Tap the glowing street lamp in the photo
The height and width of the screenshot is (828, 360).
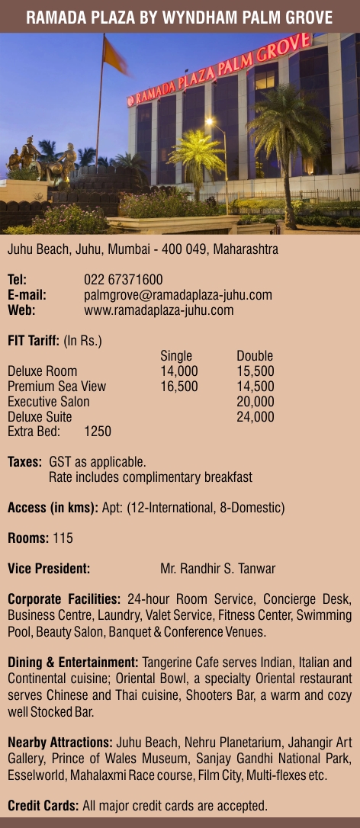click(210, 121)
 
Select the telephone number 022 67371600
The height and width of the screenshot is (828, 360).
click(123, 280)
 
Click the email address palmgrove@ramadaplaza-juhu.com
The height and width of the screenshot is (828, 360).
click(178, 295)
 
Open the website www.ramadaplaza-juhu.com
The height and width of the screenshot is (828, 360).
click(159, 310)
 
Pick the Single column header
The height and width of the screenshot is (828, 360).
click(176, 356)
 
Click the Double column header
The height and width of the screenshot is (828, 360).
click(255, 356)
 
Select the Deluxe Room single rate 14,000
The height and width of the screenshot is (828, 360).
click(179, 371)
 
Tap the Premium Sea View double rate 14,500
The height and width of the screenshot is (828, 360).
click(256, 387)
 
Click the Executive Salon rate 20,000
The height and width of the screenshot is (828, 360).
click(256, 402)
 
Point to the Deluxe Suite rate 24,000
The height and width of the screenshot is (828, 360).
click(256, 417)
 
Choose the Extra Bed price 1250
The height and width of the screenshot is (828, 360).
click(98, 432)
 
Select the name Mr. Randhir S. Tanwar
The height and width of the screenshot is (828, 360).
click(218, 568)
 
